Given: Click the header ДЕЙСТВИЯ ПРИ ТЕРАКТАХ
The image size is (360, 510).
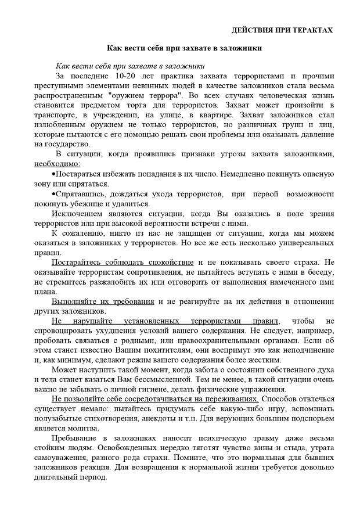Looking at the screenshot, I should [x=283, y=29].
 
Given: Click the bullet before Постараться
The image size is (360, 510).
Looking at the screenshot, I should [x=53, y=174].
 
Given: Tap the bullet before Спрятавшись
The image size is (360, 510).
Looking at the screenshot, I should [x=53, y=193].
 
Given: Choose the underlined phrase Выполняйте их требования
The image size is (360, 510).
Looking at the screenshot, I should [x=103, y=301].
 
